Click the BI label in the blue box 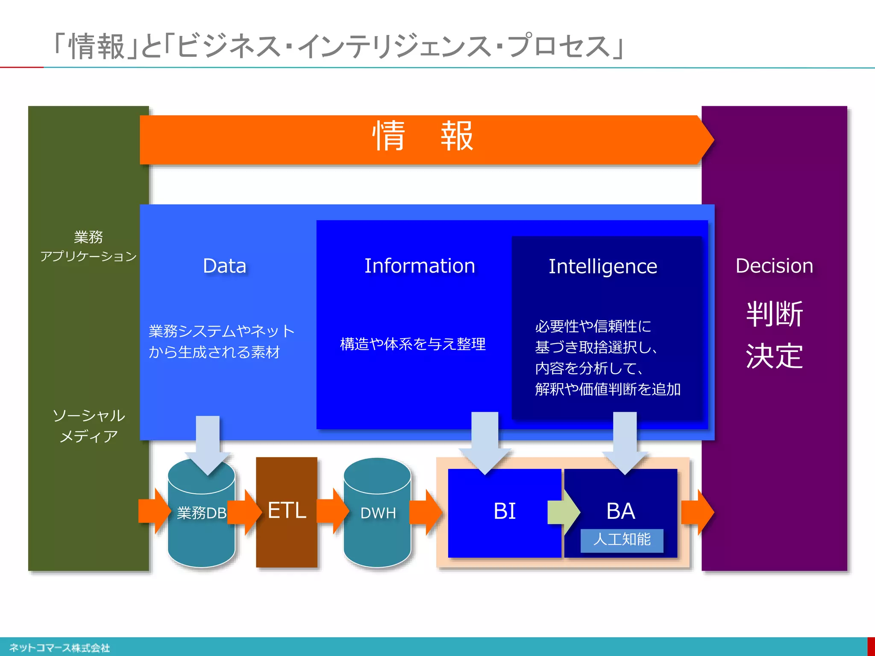tap(505, 511)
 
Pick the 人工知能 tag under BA tap(622, 540)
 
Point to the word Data tap(225, 266)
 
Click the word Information tap(420, 266)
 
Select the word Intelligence tap(603, 266)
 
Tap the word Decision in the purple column tap(774, 266)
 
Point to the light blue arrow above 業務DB tap(208, 444)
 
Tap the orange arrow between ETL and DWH tap(332, 511)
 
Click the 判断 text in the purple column tap(774, 314)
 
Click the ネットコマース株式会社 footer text tap(60, 648)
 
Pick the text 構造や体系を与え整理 tap(413, 344)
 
